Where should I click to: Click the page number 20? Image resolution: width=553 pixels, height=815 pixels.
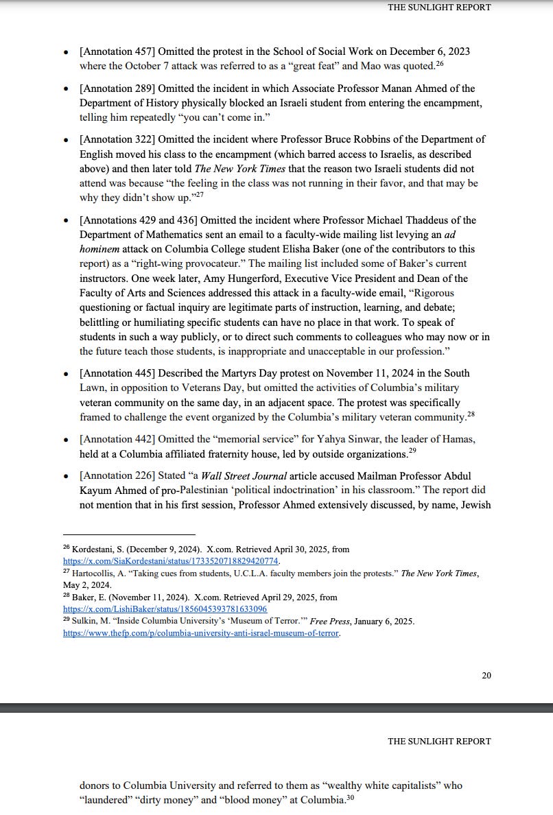[x=486, y=675]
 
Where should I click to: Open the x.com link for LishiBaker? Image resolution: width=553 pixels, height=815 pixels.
[x=165, y=609]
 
